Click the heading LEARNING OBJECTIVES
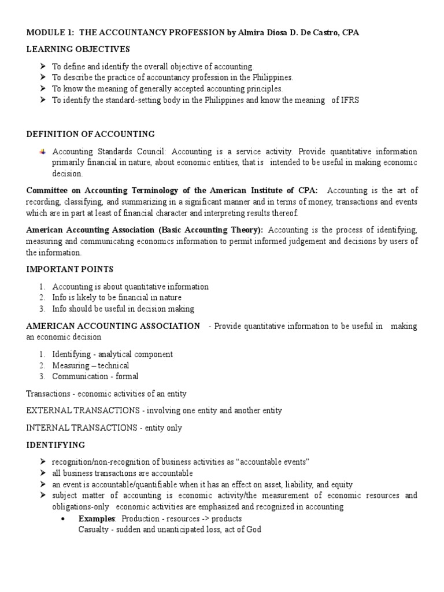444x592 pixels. [78, 49]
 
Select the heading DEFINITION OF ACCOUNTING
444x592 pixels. [91, 134]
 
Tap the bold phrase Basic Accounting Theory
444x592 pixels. [216, 231]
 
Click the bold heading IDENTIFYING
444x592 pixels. [55, 445]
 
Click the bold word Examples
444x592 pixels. [97, 519]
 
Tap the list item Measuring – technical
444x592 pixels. [90, 365]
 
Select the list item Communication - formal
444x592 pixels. [95, 376]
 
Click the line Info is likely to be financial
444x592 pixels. [116, 298]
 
